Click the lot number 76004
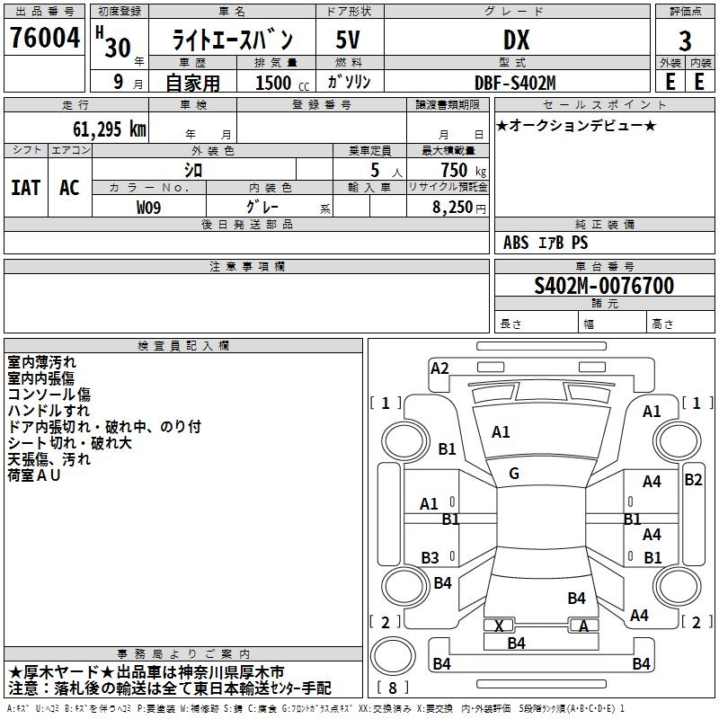click(45, 38)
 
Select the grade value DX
click(516, 40)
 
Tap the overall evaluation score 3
click(685, 41)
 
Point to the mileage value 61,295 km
click(110, 129)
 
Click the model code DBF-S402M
click(515, 83)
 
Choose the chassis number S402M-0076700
click(604, 286)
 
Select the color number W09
click(148, 208)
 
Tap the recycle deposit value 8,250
click(452, 208)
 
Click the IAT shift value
click(26, 188)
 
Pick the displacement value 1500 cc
click(282, 83)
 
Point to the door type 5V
click(348, 40)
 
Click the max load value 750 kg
click(463, 171)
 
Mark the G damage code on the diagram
click(514, 474)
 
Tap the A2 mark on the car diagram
click(439, 368)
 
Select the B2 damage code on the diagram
click(693, 480)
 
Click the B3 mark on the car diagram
click(431, 557)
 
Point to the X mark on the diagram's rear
click(499, 626)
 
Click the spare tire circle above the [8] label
click(393, 656)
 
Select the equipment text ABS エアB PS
click(546, 243)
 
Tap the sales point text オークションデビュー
click(576, 125)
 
